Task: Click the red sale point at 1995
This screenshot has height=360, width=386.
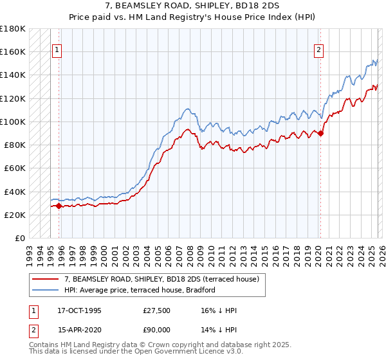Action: pos(59,206)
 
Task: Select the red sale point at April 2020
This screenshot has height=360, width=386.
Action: pos(320,134)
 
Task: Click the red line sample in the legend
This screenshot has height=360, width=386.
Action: pos(46,279)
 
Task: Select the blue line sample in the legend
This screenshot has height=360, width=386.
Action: pos(46,290)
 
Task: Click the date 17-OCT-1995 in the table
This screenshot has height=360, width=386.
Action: pos(79,310)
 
